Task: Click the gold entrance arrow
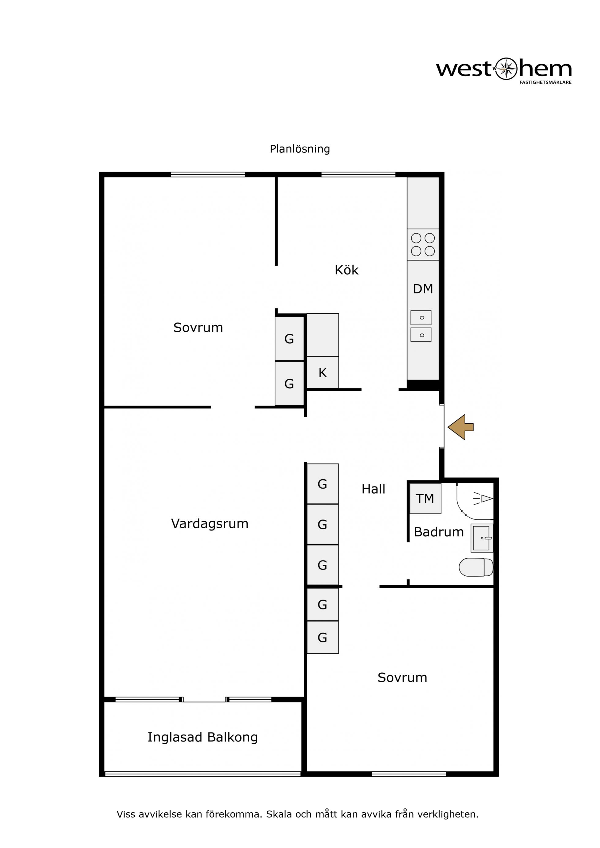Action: [x=460, y=427]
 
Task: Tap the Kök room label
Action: [x=347, y=270]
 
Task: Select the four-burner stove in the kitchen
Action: [x=423, y=244]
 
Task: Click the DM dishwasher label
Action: [x=423, y=289]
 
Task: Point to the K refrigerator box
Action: [x=323, y=372]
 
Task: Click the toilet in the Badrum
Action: [x=476, y=567]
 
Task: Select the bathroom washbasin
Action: [x=482, y=538]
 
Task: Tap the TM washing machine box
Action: [x=425, y=499]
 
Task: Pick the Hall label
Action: [x=373, y=489]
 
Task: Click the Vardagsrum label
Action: [x=210, y=524]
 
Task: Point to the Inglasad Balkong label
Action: [x=203, y=737]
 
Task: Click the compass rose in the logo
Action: [x=506, y=69]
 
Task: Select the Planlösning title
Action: [x=300, y=149]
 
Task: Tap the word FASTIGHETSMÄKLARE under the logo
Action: [x=545, y=82]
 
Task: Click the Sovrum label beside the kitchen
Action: [x=198, y=328]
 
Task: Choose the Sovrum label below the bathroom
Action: [x=402, y=678]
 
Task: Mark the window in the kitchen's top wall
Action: [x=358, y=175]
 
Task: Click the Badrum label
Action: [x=439, y=532]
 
